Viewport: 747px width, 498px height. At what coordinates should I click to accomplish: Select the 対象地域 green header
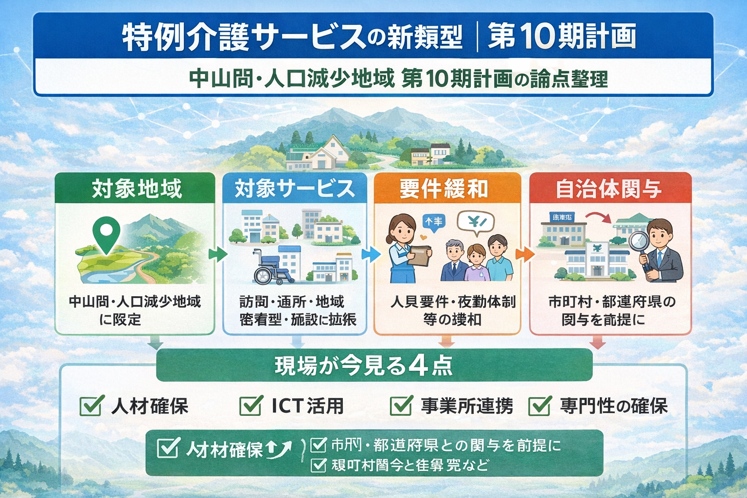[135, 189]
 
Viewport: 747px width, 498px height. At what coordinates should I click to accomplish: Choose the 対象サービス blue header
[294, 189]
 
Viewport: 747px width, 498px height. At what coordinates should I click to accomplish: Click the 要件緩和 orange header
[447, 189]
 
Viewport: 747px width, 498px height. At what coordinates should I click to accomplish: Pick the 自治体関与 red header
[610, 189]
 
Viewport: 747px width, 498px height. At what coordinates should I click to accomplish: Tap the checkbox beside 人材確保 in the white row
[91, 405]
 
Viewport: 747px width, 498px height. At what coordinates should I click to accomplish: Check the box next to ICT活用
[250, 405]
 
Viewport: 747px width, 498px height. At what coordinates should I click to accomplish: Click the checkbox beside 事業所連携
[401, 405]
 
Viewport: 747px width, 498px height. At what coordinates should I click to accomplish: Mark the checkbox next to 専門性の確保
[539, 405]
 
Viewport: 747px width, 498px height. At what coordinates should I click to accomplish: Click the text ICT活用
[307, 406]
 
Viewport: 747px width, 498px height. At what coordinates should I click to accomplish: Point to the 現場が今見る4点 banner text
[364, 366]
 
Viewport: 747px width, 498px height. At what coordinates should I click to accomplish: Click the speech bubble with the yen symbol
[476, 223]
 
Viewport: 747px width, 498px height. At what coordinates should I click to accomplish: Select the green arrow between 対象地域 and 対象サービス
[217, 254]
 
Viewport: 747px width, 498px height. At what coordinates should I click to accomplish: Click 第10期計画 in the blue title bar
[562, 36]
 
